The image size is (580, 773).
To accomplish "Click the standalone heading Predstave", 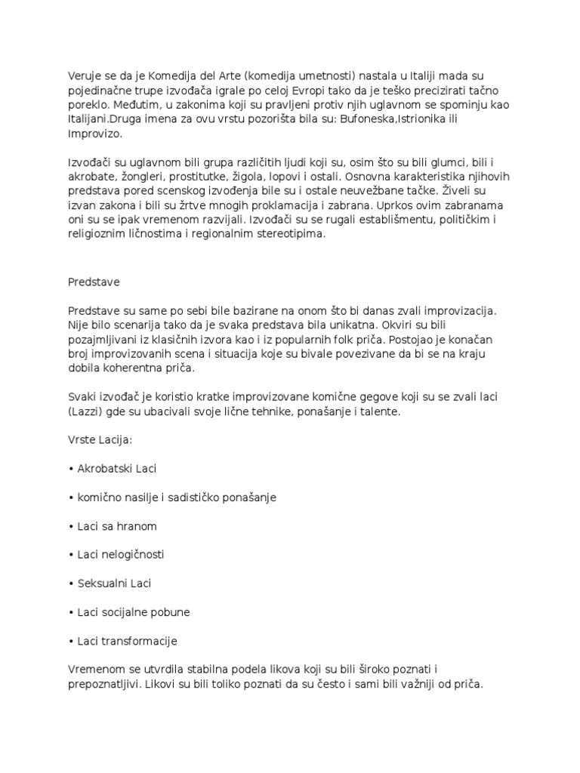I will (94, 282).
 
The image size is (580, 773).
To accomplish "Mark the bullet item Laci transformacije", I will (127, 641).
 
